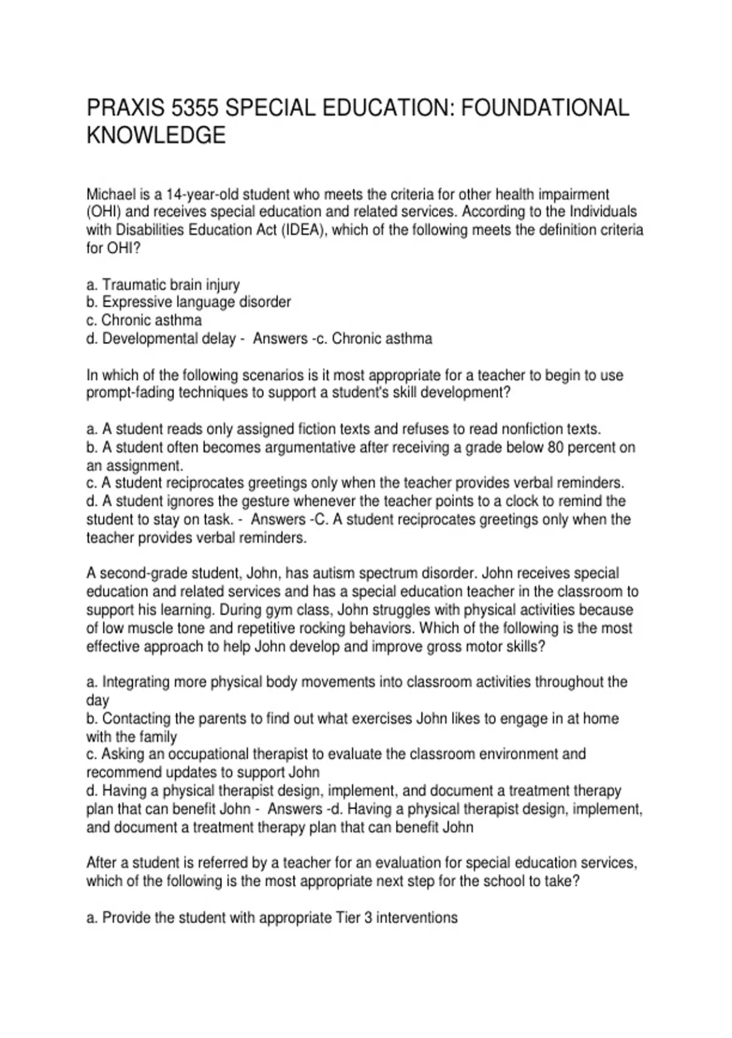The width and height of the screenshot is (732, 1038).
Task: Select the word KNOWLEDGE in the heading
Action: pyautogui.click(x=156, y=136)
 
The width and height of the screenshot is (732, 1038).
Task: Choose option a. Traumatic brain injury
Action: pyautogui.click(x=163, y=285)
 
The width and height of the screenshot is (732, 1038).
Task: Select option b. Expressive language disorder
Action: pyautogui.click(x=188, y=302)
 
